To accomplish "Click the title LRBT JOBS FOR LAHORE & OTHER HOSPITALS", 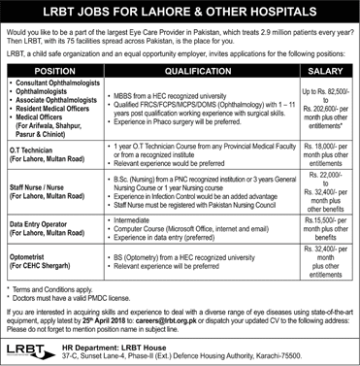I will tap(180, 11).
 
